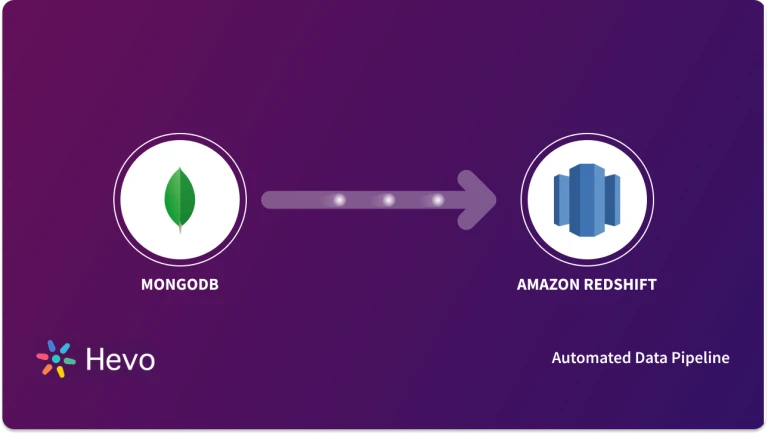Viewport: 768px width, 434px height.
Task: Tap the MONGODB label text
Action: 179,284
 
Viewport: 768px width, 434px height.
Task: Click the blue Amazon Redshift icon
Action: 587,199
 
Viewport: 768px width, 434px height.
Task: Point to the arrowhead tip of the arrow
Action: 496,200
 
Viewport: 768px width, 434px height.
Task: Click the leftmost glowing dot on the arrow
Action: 339,200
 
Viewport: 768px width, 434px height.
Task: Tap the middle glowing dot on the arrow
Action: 388,200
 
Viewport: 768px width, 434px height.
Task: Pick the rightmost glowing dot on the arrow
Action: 437,200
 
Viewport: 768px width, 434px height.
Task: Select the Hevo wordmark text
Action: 119,359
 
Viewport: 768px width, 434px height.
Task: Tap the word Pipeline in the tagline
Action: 700,357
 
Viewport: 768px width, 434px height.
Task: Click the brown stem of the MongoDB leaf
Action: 179,230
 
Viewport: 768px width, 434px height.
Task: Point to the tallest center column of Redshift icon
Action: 587,199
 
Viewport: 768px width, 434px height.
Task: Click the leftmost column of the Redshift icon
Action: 561,199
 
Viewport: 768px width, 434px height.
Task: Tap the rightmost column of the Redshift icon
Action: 613,199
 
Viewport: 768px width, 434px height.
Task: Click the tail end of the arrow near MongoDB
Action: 267,200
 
